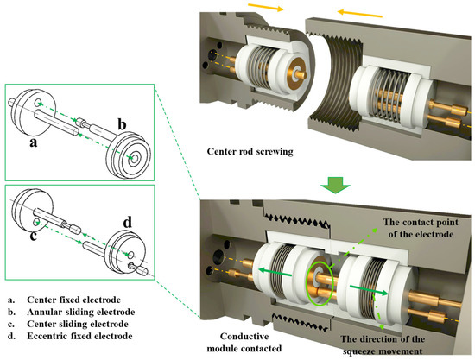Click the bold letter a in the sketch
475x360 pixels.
34,142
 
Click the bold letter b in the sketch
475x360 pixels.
122,124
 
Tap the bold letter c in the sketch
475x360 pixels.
34,235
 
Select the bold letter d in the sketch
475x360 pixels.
128,223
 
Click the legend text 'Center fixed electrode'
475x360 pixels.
73,300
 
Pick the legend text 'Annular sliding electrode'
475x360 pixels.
81,312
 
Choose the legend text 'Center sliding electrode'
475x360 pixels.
78,324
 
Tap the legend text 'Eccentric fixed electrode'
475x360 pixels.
79,336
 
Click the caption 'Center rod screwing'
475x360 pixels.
250,151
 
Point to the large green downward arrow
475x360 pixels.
335,185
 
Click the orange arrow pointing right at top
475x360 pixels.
266,7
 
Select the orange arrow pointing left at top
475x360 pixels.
360,13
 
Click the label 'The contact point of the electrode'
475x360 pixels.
421,228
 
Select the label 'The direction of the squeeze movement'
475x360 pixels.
383,345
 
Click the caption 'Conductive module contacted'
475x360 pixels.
244,343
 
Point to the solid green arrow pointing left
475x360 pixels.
275,272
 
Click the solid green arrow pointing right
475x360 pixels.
369,289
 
